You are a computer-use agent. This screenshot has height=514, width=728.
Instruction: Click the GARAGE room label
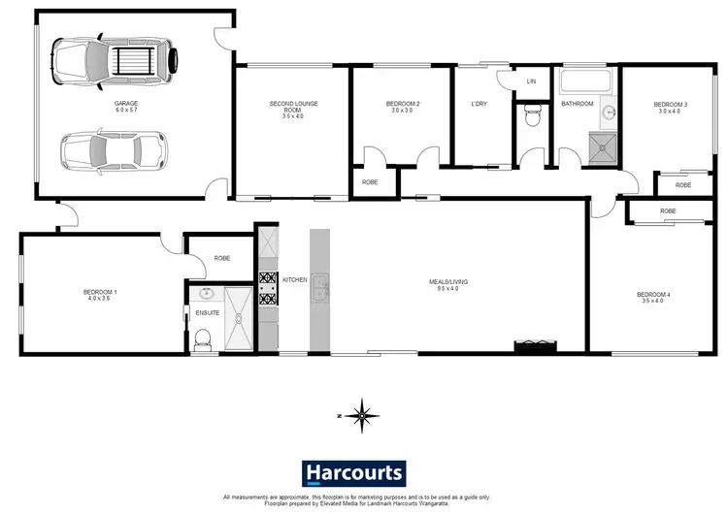[124, 103]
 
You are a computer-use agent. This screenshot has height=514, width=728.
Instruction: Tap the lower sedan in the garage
[114, 150]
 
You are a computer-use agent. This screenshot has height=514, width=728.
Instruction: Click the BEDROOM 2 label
[402, 103]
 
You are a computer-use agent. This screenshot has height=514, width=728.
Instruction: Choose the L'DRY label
[478, 103]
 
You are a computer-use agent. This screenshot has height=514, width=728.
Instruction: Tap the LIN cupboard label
[531, 81]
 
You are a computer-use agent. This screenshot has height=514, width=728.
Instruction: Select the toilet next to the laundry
[531, 118]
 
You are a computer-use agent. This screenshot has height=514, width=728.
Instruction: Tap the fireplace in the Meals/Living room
[535, 343]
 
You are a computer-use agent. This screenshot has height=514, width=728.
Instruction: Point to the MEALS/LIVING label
[448, 282]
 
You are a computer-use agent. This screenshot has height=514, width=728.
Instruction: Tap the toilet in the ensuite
[203, 337]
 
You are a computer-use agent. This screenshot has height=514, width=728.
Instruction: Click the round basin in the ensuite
[206, 295]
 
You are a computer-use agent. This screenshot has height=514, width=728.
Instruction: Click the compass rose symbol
[361, 415]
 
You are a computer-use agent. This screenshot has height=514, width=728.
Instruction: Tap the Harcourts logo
[354, 472]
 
